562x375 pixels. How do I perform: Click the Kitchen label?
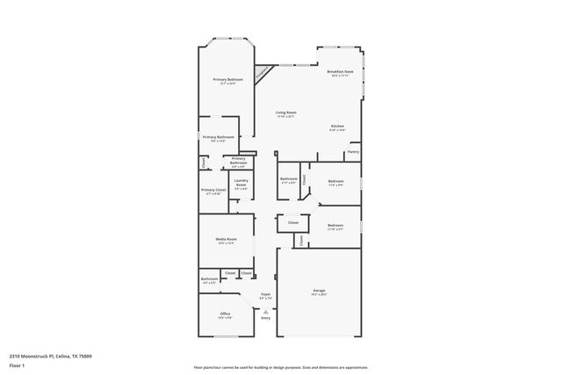[337, 126]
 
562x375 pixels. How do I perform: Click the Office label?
[226, 314]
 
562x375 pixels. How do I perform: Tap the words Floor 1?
[17, 364]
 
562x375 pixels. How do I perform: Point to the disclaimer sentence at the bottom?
[280, 367]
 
